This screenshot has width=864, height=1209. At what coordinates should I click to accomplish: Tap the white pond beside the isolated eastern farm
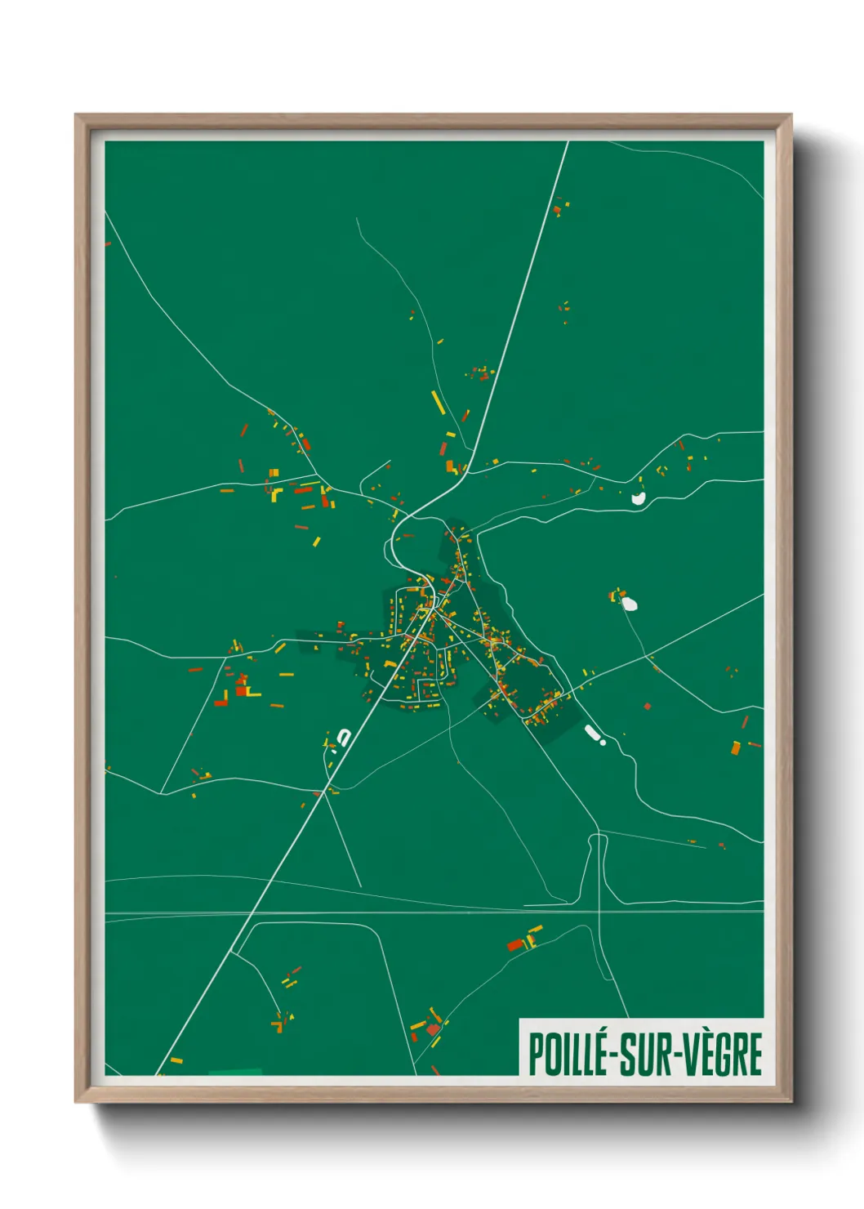(629, 604)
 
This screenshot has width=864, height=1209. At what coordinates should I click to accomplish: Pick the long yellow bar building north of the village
(438, 402)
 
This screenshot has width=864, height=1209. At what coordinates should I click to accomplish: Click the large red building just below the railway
(515, 945)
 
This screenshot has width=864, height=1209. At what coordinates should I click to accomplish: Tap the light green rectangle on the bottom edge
(235, 1072)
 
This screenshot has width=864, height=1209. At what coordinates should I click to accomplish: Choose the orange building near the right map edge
(736, 747)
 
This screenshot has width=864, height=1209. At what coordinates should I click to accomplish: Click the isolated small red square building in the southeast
(648, 706)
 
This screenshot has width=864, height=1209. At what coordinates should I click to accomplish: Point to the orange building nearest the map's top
(558, 211)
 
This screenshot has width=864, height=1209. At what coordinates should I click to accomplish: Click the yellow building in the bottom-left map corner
(175, 1061)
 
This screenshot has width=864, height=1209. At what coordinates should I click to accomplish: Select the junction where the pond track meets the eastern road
(647, 655)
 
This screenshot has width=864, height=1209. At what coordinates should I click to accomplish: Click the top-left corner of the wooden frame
(77, 116)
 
